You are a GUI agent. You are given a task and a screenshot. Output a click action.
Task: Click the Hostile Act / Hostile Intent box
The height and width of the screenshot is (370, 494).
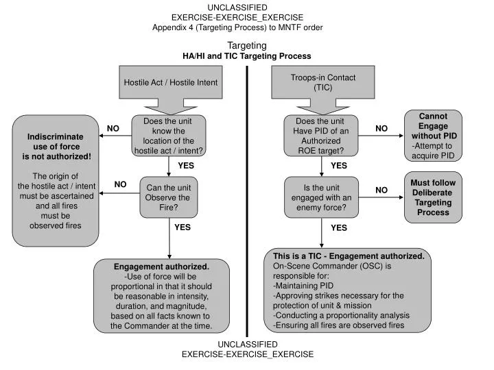(170, 82)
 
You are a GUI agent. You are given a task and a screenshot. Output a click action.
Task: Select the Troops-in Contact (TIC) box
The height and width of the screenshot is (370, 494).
(323, 82)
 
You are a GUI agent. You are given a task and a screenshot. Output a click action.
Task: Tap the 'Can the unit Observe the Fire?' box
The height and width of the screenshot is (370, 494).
(169, 197)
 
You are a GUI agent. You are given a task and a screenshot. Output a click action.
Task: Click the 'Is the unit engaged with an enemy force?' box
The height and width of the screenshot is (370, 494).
(321, 197)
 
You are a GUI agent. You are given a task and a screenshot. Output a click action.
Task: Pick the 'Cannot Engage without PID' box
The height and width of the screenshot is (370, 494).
(433, 136)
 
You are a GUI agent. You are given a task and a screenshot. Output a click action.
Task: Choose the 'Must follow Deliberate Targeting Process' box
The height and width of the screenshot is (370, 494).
(433, 197)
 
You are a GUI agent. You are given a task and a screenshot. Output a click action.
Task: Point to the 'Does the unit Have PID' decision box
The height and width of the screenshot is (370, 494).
(321, 136)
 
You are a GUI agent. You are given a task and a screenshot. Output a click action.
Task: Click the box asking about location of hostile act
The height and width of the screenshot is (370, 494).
(169, 136)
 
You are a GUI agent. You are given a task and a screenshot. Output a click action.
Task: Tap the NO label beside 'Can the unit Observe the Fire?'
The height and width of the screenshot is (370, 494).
(120, 184)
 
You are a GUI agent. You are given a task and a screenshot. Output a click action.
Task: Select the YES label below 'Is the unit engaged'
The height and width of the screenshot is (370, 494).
(339, 227)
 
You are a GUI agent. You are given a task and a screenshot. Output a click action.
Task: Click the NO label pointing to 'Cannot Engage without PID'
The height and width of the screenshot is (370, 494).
(381, 128)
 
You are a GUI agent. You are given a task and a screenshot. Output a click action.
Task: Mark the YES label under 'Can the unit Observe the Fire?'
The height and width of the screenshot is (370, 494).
(183, 227)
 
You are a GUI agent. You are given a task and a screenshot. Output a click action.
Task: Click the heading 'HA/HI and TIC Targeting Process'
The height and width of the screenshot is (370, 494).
(247, 56)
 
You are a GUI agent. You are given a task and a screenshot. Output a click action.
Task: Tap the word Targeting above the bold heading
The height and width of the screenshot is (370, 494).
(247, 45)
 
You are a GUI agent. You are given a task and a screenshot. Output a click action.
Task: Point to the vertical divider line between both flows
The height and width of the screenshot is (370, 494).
(247, 201)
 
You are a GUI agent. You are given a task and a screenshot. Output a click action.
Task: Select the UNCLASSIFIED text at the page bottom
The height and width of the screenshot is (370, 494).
(248, 344)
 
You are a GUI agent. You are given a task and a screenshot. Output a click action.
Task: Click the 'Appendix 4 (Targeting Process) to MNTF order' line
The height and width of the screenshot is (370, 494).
(237, 27)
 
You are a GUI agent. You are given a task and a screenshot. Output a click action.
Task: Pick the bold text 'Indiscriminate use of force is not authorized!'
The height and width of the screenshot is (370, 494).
(56, 147)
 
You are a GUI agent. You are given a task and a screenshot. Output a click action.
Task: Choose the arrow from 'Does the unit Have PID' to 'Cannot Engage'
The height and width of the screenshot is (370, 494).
(381, 136)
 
